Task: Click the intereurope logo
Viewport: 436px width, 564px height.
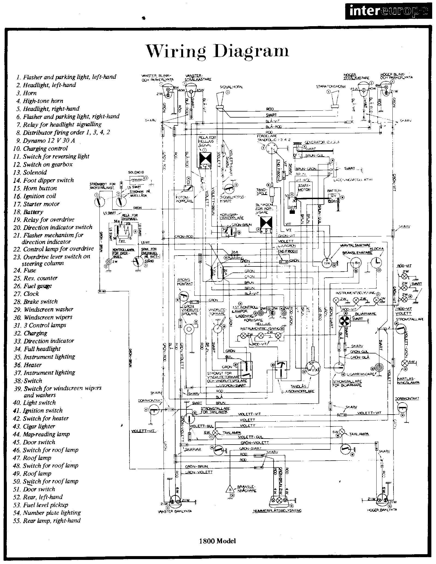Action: (388, 11)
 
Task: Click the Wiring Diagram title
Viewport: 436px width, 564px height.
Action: (217, 51)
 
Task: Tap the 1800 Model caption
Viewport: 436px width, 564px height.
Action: (217, 533)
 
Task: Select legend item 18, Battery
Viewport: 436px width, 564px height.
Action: (33, 212)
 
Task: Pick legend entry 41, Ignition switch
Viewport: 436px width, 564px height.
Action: (43, 410)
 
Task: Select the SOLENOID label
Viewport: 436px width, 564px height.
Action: (136, 172)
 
